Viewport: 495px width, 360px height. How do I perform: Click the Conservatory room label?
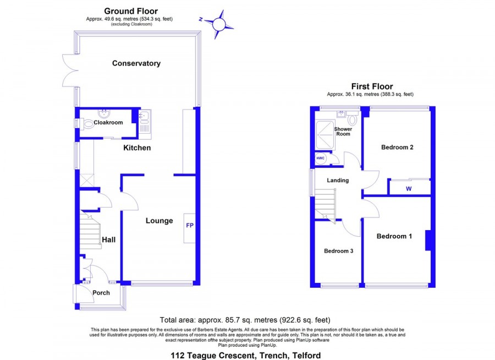(136, 63)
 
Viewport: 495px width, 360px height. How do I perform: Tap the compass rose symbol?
(218, 24)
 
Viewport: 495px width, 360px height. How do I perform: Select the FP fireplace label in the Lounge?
(190, 225)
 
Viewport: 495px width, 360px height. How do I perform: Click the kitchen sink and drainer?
(145, 124)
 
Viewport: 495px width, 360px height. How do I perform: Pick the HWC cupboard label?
(321, 158)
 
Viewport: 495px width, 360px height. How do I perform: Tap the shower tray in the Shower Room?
(325, 135)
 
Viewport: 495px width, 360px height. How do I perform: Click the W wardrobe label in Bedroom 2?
(409, 189)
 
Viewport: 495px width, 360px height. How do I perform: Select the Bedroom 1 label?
(394, 236)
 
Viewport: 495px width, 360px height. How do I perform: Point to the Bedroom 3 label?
(338, 251)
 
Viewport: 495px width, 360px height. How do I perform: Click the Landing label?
(338, 180)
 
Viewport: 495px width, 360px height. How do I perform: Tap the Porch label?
(101, 293)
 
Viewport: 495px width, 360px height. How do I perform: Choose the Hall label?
(108, 239)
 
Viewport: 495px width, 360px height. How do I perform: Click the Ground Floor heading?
(131, 12)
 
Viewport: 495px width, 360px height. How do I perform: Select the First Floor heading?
(372, 86)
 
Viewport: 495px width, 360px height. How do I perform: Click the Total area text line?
(245, 320)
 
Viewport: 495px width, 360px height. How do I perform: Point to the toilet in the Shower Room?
(353, 120)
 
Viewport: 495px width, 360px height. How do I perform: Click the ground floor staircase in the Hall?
(90, 230)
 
